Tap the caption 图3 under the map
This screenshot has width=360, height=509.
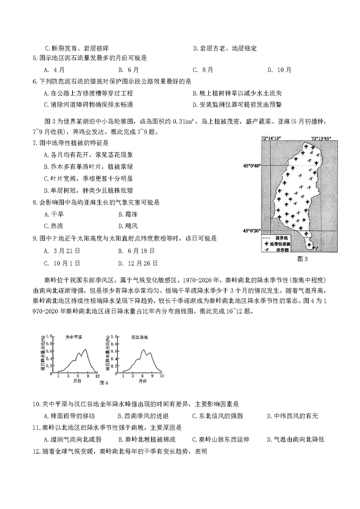(x=302, y=258)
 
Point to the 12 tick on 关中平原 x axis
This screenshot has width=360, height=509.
(x=95, y=375)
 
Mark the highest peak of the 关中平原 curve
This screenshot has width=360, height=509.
(x=83, y=349)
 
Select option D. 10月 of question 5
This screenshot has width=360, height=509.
(x=279, y=70)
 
